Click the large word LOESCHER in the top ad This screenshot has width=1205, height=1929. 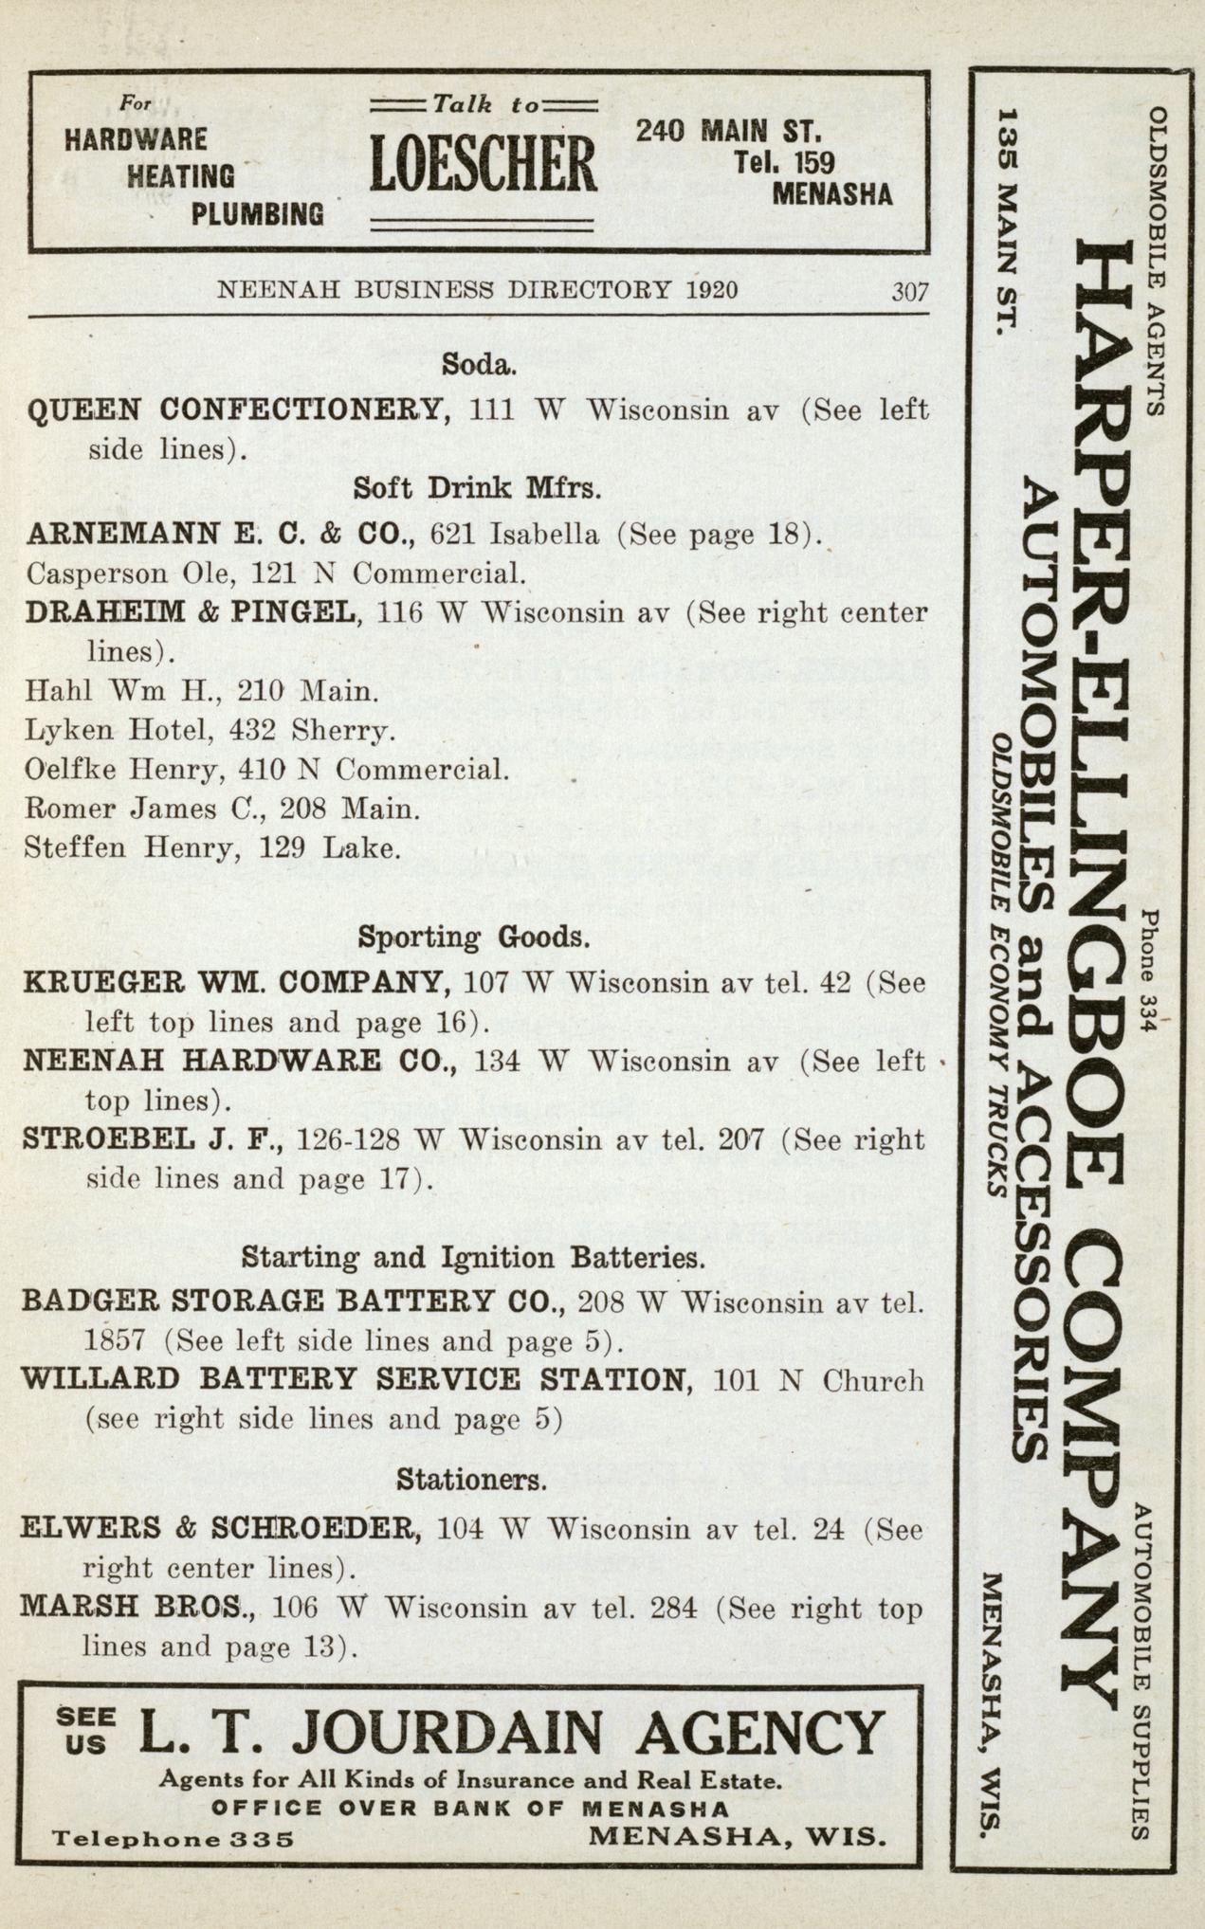pos(483,162)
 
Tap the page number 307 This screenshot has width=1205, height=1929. pos(909,291)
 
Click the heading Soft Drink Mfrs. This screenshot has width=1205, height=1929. pos(478,488)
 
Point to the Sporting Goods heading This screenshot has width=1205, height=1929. pos(474,937)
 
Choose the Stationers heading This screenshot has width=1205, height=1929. pos(471,1479)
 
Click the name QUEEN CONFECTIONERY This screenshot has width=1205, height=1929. pos(236,410)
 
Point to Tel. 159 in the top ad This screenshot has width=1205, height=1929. pos(783,162)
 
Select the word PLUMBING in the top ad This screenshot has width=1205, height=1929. pos(257,215)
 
